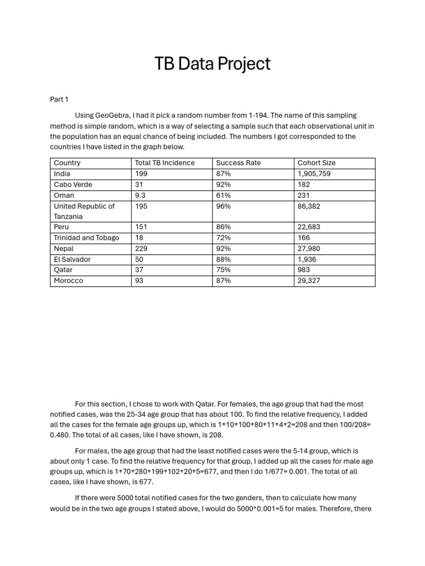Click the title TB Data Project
[x=212, y=64]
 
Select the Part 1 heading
[x=59, y=99]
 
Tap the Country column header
[x=67, y=163]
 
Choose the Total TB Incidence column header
[x=165, y=163]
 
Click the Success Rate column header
[x=238, y=163]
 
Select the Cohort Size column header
[x=317, y=163]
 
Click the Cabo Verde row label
[x=72, y=185]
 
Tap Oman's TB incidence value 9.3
[x=141, y=195]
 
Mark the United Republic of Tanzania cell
[x=84, y=211]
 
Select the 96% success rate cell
[x=224, y=206]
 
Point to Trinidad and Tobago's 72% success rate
[x=223, y=238]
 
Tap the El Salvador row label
[x=72, y=259]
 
